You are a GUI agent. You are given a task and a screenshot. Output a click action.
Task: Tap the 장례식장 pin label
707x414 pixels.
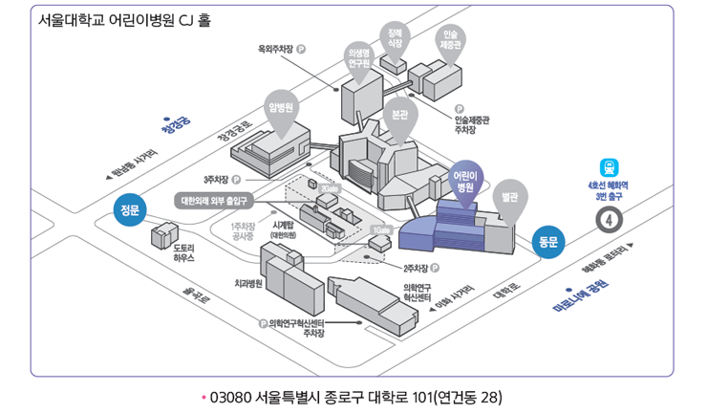[x=395, y=36]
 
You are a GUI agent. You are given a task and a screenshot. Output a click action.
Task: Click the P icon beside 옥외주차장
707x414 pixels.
[x=302, y=48]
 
